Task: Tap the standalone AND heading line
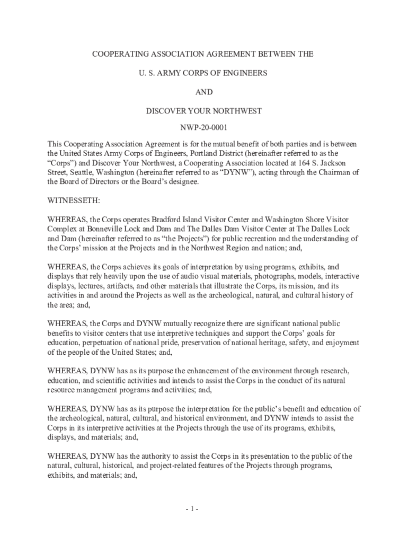click(204, 92)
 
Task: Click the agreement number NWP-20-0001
click(204, 128)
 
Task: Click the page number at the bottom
click(192, 510)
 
